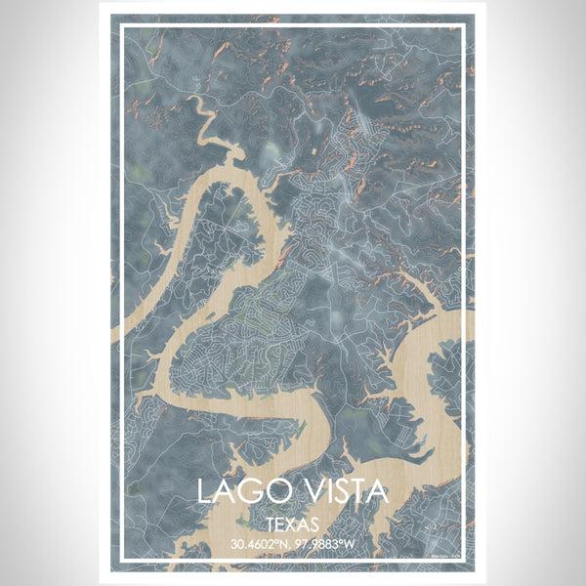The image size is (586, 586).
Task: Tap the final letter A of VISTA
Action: pyautogui.click(x=377, y=490)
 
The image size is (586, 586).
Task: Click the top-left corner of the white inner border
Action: pyautogui.click(x=121, y=26)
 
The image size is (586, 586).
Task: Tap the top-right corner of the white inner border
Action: pyautogui.click(x=466, y=26)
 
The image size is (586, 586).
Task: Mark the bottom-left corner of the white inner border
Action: pyautogui.click(x=121, y=561)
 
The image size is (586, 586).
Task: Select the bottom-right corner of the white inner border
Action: pyautogui.click(x=466, y=561)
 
